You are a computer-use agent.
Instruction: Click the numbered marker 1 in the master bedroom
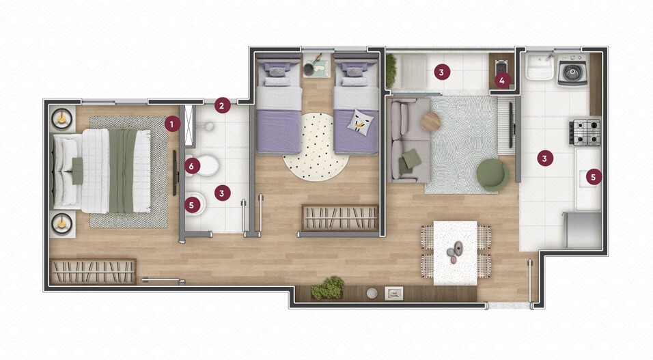[172, 124]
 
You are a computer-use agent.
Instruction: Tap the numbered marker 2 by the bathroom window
[222, 106]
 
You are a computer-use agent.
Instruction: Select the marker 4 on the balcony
[502, 81]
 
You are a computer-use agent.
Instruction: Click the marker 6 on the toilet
[191, 167]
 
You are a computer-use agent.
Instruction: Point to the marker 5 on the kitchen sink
[594, 177]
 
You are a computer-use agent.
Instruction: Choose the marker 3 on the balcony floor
[441, 72]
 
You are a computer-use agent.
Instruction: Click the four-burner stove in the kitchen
[585, 133]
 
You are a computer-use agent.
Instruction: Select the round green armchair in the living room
[492, 175]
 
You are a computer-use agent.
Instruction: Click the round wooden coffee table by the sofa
[430, 122]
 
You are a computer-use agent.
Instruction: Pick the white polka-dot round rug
[316, 147]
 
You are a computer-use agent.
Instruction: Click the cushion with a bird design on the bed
[360, 122]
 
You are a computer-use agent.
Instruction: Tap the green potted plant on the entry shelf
[328, 288]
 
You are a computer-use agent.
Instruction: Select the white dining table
[456, 253]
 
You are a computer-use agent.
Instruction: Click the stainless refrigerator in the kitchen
[582, 231]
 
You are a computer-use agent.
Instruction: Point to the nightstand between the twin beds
[316, 65]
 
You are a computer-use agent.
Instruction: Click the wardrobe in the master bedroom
[93, 272]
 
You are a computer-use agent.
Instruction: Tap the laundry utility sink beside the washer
[540, 68]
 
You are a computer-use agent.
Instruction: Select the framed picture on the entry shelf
[393, 293]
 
